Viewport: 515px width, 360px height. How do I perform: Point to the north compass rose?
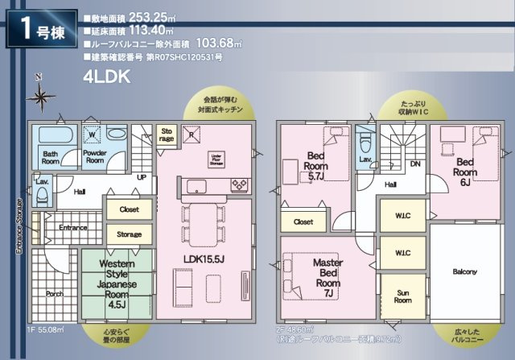pyautogui.click(x=39, y=96)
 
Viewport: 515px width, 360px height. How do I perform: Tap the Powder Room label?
pyautogui.click(x=95, y=156)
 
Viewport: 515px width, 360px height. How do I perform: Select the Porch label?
pyautogui.click(x=54, y=294)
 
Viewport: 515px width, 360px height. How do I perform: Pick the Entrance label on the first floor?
pyautogui.click(x=72, y=228)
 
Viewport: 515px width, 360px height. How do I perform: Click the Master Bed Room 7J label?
pyautogui.click(x=328, y=278)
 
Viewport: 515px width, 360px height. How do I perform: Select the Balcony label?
pyautogui.click(x=464, y=271)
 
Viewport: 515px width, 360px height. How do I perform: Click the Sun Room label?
pyautogui.click(x=402, y=295)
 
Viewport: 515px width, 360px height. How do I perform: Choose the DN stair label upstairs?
pyautogui.click(x=414, y=163)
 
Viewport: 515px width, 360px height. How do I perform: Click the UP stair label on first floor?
pyautogui.click(x=142, y=176)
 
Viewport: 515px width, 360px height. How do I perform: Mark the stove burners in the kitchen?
pyautogui.click(x=240, y=186)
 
